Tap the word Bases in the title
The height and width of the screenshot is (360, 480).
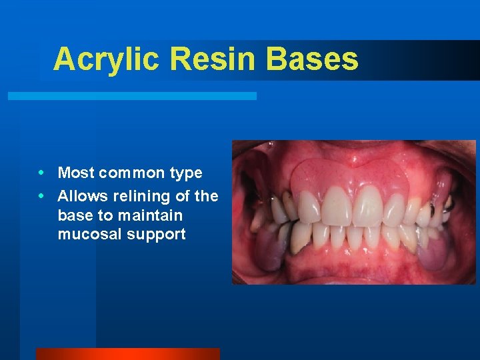(x=312, y=59)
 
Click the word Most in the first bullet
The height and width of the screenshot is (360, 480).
(x=77, y=173)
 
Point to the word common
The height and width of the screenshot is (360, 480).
(x=133, y=173)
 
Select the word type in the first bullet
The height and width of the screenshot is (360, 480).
(x=187, y=174)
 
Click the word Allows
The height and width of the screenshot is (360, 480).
(x=81, y=196)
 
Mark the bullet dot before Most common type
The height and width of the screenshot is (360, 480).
(x=43, y=173)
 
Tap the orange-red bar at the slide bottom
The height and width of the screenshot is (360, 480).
(x=127, y=353)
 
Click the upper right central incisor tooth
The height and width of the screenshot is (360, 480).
(x=337, y=206)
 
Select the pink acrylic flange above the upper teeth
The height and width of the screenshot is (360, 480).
(x=350, y=175)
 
